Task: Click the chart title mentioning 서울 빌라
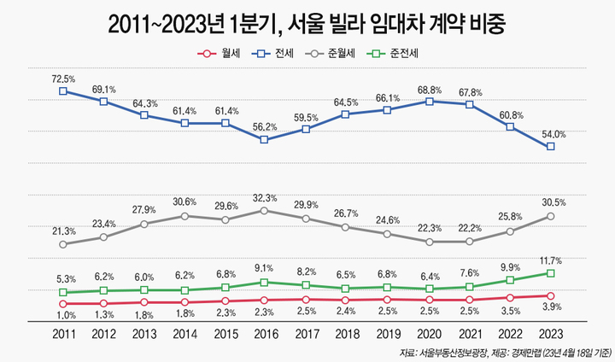[x=307, y=23]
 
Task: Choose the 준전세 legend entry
[x=401, y=53]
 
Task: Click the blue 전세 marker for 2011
[x=63, y=90]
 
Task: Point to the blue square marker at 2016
[x=265, y=139]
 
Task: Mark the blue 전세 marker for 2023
[x=551, y=146]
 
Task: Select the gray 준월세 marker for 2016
[x=265, y=210]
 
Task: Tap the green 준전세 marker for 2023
[x=551, y=273]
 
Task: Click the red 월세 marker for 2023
[x=551, y=296]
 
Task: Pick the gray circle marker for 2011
[x=63, y=244]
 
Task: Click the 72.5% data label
[x=63, y=77]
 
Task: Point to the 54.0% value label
[x=551, y=133]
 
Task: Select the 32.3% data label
[x=266, y=197]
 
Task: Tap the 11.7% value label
[x=551, y=260]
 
